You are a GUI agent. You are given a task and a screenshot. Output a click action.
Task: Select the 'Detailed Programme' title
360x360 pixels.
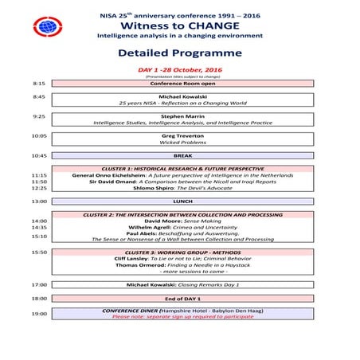click(x=179, y=53)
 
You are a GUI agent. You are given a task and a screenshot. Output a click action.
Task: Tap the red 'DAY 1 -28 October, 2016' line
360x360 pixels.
click(x=179, y=69)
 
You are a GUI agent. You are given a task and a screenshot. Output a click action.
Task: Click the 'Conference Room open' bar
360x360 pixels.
click(x=178, y=83)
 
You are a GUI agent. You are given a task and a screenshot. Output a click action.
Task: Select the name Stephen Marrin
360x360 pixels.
click(x=178, y=115)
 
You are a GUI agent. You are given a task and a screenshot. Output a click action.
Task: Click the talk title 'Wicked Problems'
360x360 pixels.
click(x=178, y=142)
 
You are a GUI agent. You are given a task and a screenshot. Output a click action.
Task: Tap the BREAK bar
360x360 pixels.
click(x=178, y=155)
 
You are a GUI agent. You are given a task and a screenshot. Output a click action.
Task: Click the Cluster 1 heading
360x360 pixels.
click(x=178, y=169)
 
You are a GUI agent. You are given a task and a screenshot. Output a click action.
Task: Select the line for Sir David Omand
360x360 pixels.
click(x=178, y=182)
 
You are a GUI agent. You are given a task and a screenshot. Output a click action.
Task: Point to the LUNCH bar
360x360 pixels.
click(x=178, y=202)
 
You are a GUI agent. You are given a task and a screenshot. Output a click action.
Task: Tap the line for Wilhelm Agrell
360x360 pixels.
click(x=178, y=228)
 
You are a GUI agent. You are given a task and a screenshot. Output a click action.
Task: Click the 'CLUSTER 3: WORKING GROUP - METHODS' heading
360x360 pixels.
click(x=178, y=252)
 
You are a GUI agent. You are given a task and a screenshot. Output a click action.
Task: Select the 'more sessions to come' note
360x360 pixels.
click(x=178, y=271)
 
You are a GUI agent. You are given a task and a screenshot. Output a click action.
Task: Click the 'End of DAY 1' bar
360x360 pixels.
click(x=178, y=298)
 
